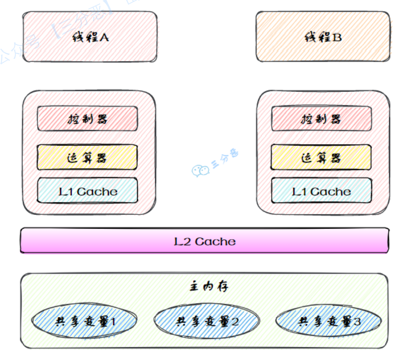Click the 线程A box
[90, 37]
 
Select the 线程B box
[323, 37]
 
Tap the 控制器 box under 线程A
[87, 119]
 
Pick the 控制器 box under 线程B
[321, 119]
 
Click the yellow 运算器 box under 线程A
[87, 157]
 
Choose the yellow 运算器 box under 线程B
[321, 157]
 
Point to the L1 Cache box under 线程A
[87, 191]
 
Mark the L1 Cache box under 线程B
[321, 191]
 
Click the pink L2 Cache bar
[204, 241]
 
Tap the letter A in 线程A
[104, 37]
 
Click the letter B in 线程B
[337, 37]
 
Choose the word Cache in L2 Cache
[215, 241]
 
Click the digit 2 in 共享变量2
[234, 322]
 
